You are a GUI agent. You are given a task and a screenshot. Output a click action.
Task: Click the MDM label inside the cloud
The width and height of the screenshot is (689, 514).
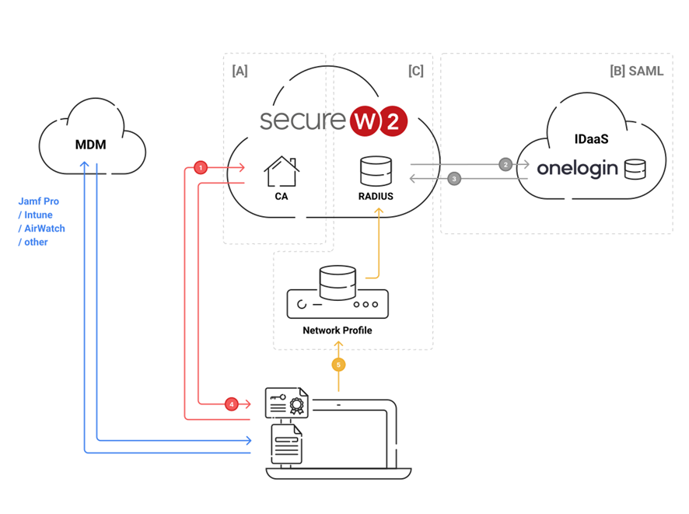click(90, 144)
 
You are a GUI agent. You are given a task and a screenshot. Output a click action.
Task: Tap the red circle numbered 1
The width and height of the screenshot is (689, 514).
click(201, 167)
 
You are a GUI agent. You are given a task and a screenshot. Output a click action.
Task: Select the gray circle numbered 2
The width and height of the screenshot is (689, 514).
click(505, 165)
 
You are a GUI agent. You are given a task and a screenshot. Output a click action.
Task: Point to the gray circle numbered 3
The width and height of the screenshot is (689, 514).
click(455, 179)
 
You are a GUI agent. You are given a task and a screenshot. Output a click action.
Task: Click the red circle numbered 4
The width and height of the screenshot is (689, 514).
click(231, 404)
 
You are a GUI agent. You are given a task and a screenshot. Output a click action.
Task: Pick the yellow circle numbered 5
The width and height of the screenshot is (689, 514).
click(338, 364)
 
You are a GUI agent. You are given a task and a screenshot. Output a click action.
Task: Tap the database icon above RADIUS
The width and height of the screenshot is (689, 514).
click(376, 171)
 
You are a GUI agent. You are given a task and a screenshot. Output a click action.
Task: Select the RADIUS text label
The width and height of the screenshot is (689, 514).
click(376, 197)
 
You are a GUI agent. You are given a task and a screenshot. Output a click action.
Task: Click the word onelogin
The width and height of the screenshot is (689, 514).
click(577, 168)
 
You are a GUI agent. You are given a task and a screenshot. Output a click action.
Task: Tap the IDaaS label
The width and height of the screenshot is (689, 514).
click(591, 140)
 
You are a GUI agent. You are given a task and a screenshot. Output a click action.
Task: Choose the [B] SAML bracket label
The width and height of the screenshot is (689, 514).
click(637, 72)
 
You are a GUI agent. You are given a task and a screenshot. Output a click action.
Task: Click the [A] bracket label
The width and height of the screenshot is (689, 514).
click(240, 72)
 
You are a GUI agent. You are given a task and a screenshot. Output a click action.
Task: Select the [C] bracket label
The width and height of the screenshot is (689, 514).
click(416, 72)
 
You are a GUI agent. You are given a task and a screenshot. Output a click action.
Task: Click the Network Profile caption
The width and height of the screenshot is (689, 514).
click(338, 330)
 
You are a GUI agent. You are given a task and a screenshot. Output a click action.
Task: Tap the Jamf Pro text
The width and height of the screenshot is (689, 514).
click(39, 201)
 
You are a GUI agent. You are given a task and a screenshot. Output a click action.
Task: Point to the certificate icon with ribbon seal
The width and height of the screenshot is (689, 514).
click(286, 404)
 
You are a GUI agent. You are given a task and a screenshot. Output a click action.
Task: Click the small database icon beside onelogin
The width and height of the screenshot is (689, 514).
click(635, 168)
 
